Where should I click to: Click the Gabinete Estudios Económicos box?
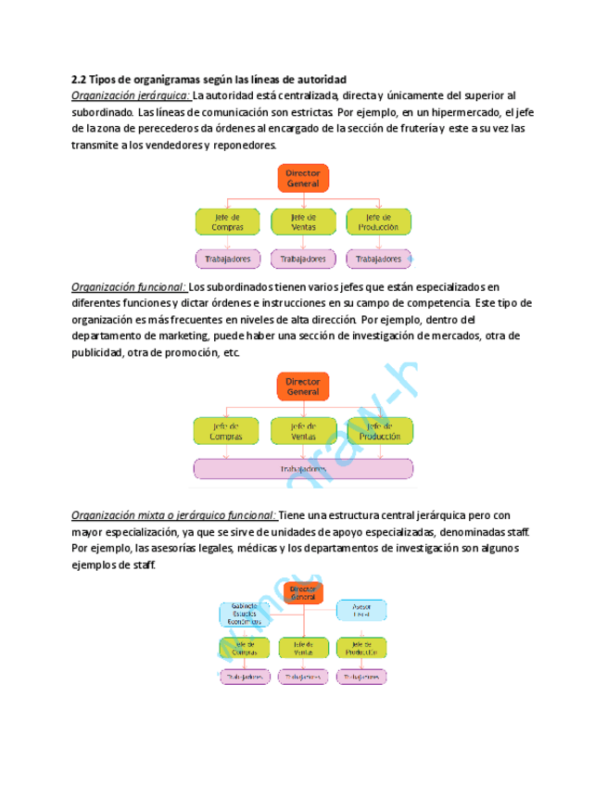click(x=245, y=614)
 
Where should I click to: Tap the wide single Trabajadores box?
click(x=303, y=470)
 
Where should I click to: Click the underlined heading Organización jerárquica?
click(x=131, y=95)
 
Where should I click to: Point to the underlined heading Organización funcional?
click(x=129, y=287)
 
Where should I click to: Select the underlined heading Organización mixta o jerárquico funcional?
click(x=173, y=515)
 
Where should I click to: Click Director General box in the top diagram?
click(x=303, y=178)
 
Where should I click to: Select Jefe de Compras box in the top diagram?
click(x=227, y=222)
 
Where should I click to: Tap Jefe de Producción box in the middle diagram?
click(x=380, y=430)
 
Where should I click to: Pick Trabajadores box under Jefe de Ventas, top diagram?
click(x=303, y=259)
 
